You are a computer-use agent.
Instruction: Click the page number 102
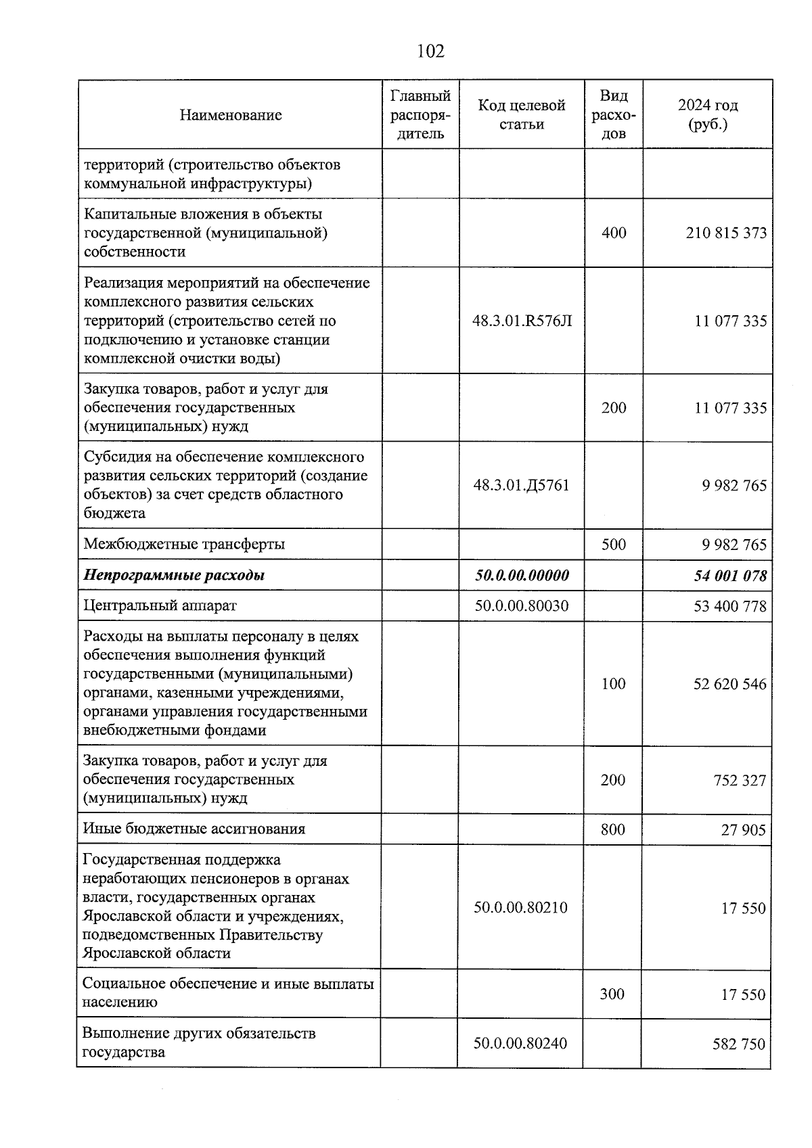[x=431, y=51]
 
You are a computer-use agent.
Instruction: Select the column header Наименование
[x=231, y=115]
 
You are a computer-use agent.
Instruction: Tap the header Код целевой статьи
[x=521, y=115]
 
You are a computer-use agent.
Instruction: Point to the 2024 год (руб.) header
[x=708, y=115]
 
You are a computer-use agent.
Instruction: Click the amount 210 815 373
[x=726, y=233]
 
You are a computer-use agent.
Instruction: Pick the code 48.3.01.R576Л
[x=522, y=321]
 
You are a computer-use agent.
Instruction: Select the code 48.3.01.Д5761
[x=521, y=486]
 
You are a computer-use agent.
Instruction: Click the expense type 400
[x=614, y=233]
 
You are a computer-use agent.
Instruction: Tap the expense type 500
[x=614, y=545]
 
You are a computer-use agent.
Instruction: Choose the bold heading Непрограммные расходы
[x=174, y=576]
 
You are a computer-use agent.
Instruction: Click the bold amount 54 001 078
[x=730, y=576]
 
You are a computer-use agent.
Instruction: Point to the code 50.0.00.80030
[x=521, y=606]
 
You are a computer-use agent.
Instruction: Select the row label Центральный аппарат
[x=160, y=606]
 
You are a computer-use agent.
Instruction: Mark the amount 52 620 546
[x=729, y=685]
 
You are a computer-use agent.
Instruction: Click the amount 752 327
[x=740, y=781]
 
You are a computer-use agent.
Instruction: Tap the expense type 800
[x=613, y=829]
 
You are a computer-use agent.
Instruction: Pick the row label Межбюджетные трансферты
[x=184, y=545]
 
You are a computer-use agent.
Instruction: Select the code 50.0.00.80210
[x=520, y=908]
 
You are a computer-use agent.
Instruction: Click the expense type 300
[x=612, y=994]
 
